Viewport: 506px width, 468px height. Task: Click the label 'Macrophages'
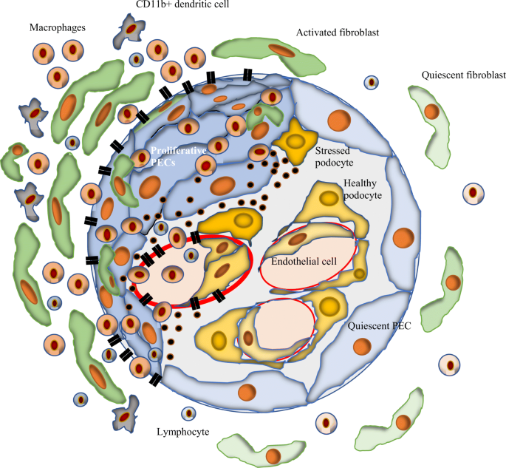(x=58, y=27)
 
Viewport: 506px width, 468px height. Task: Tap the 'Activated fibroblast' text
(x=336, y=33)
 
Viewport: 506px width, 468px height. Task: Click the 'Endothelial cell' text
(x=305, y=261)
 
